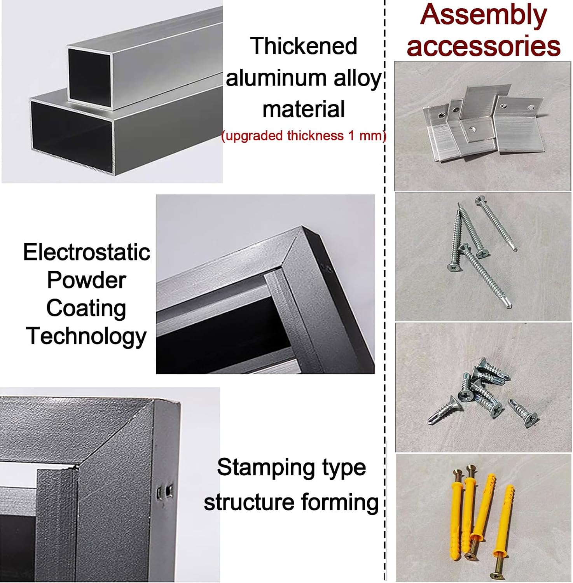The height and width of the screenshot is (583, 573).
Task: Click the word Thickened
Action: point(304,46)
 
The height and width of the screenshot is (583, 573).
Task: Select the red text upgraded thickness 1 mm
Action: point(304,136)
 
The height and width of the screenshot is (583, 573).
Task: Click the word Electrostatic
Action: point(87,252)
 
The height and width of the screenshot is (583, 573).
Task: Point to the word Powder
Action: point(87,280)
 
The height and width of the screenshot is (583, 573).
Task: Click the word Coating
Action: point(86,309)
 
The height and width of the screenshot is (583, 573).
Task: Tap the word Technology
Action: point(86,337)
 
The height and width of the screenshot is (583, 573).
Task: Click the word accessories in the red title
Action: point(484,46)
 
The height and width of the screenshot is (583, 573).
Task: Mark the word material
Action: point(304,109)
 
